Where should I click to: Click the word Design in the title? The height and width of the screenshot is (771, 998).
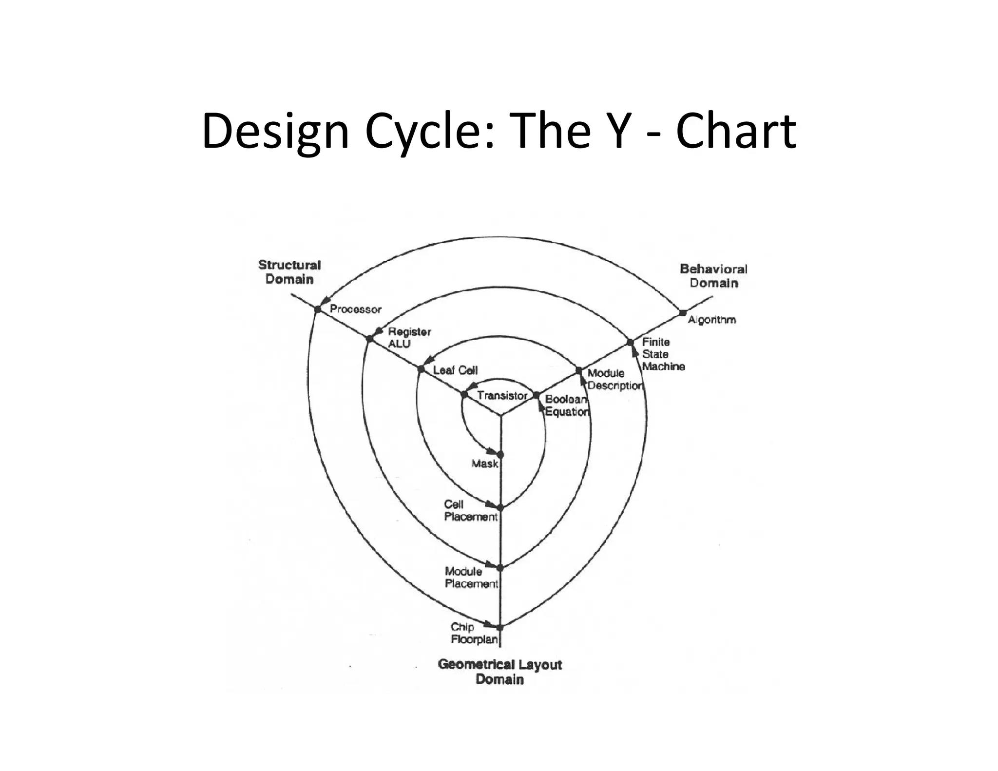[x=275, y=132]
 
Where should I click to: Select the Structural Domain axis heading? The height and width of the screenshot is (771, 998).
[x=289, y=272]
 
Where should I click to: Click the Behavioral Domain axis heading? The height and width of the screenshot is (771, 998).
[x=713, y=276]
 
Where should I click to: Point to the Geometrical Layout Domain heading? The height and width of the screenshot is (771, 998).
[x=499, y=672]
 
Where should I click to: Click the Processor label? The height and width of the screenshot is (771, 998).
[x=355, y=309]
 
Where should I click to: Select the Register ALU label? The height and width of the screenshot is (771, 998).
[x=409, y=337]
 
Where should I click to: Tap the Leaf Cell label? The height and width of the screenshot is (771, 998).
[x=455, y=370]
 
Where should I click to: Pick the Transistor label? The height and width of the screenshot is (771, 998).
[x=502, y=395]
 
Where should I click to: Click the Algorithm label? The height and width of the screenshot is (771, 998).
[x=711, y=320]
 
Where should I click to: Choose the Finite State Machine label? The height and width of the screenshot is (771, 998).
[x=663, y=354]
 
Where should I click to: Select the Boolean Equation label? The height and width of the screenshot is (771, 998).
[x=567, y=405]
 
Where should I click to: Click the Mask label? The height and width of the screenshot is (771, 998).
[x=484, y=463]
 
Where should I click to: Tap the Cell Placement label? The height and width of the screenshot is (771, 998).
[x=470, y=510]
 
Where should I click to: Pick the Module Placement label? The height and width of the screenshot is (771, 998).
[x=471, y=578]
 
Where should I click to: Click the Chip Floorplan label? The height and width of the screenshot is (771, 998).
[x=474, y=633]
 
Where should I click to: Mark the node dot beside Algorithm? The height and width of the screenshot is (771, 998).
[x=683, y=313]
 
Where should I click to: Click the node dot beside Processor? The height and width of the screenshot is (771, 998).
[x=318, y=309]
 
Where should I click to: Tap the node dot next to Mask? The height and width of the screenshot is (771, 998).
[x=500, y=454]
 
